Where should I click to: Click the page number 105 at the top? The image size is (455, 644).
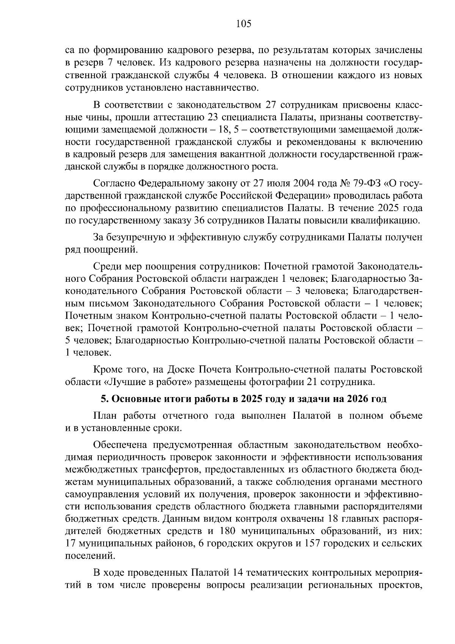tap(243, 24)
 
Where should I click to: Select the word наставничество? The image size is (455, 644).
tap(221, 88)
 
